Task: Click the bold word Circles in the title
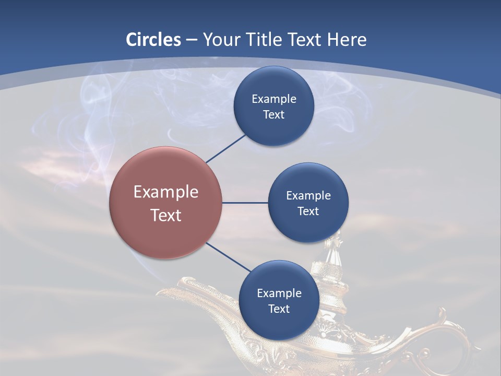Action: pyautogui.click(x=153, y=39)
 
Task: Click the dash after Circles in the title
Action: pyautogui.click(x=191, y=40)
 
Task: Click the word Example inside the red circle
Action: pyautogui.click(x=166, y=192)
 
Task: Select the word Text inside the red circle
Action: pyautogui.click(x=166, y=215)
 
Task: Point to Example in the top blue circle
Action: pyautogui.click(x=273, y=99)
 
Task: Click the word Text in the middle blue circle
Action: pyautogui.click(x=308, y=211)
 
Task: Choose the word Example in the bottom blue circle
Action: pyautogui.click(x=279, y=293)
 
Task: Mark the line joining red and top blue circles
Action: pyautogui.click(x=226, y=148)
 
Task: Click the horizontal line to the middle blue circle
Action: pyautogui.click(x=245, y=203)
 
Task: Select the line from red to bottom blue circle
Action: pyautogui.click(x=229, y=257)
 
